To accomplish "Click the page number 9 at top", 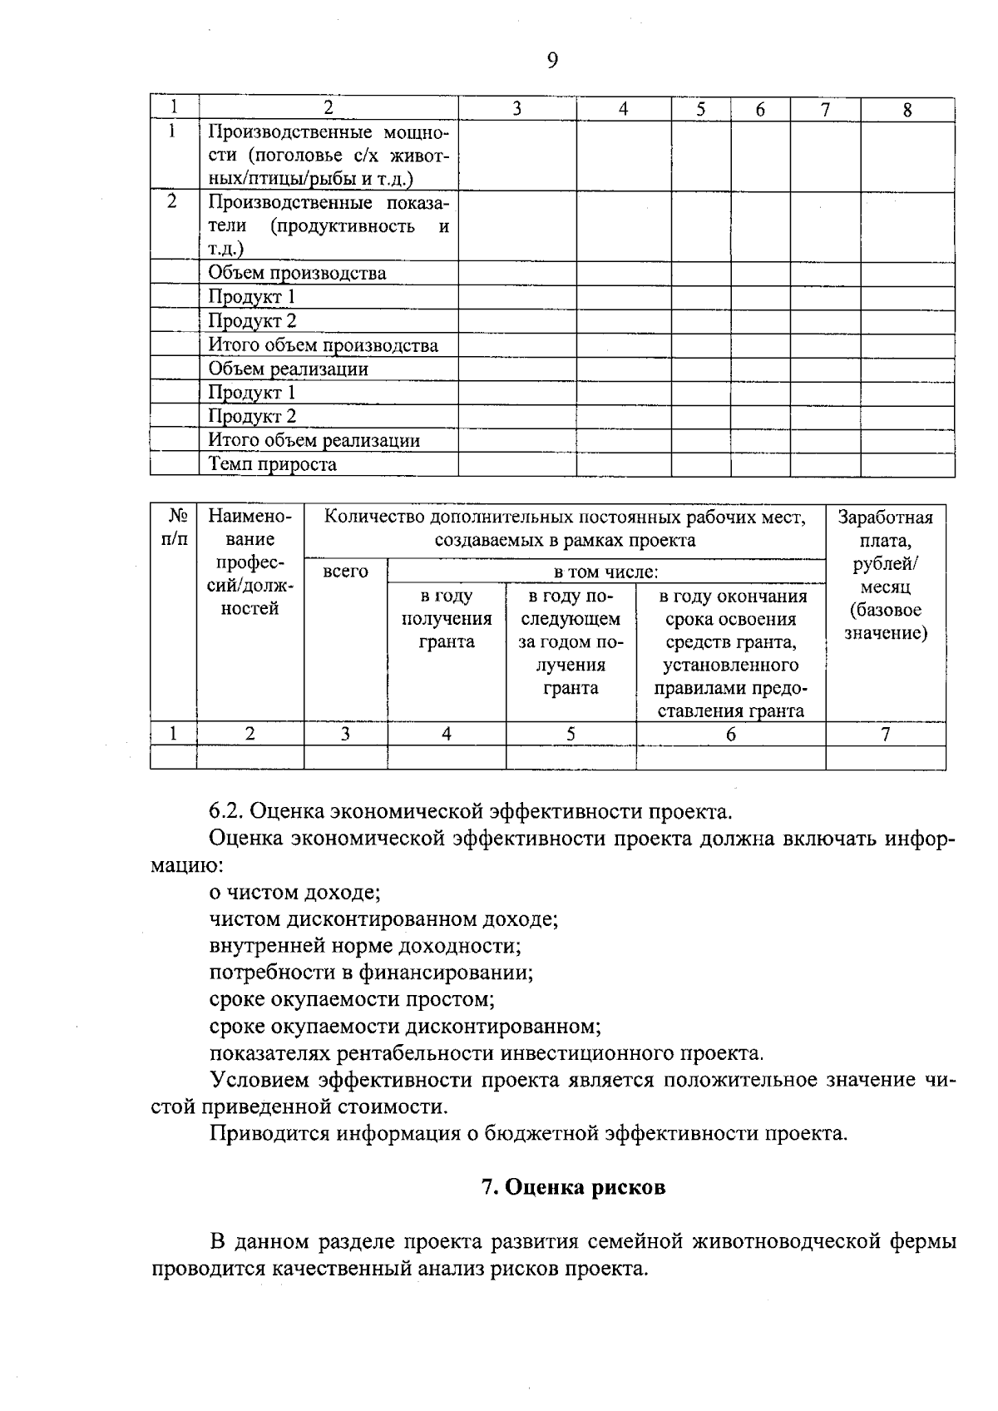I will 552,60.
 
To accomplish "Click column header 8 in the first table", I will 907,110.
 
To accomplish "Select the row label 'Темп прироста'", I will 272,464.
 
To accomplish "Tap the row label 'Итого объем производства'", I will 323,345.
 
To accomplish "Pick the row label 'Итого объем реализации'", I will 314,440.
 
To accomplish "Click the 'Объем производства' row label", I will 297,273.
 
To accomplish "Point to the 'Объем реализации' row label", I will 288,369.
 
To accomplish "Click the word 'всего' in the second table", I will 345,572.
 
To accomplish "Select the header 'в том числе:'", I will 606,572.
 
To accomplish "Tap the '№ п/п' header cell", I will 174,527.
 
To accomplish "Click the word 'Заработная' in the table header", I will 885,517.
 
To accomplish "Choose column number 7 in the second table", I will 886,734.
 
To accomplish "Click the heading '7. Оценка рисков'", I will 574,1187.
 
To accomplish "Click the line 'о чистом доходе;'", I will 294,893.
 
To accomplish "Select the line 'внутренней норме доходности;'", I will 365,946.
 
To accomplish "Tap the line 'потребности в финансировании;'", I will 371,973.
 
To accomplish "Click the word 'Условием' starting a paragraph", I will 259,1080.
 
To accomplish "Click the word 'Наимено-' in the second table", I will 250,517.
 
